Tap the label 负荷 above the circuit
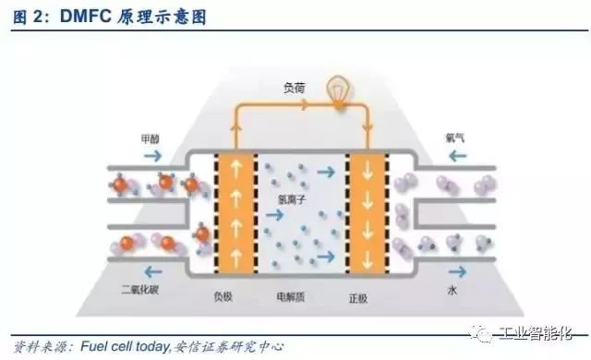point(293,88)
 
